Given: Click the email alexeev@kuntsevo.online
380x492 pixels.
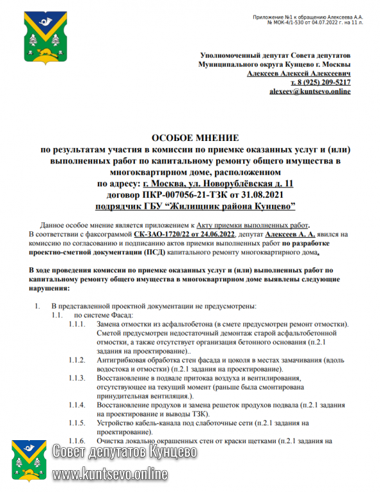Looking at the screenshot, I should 310,92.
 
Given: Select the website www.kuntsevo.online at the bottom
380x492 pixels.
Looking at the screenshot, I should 110,475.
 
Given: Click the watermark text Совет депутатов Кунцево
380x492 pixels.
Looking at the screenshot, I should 125,452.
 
